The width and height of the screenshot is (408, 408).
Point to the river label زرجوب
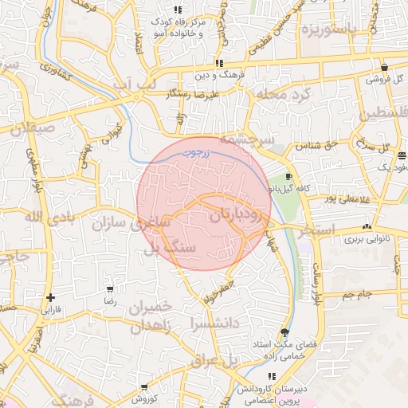(193, 149)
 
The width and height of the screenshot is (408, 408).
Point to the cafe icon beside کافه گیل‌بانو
(288, 176)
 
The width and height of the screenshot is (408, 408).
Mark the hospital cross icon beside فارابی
(51, 296)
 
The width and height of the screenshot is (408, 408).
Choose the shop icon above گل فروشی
(385, 68)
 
